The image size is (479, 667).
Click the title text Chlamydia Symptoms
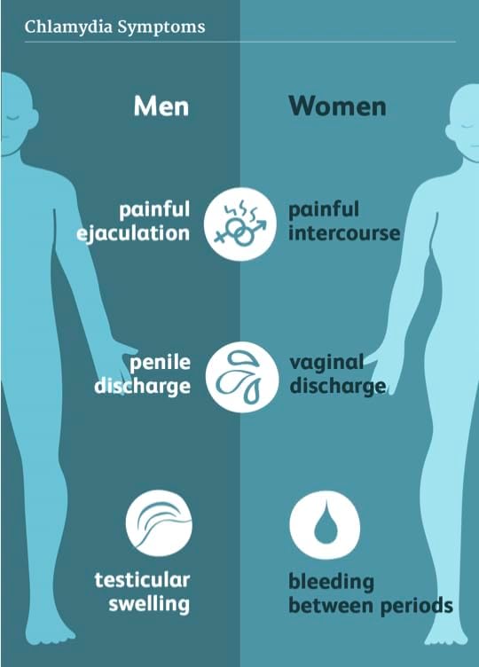(114, 27)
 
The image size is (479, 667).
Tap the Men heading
(161, 106)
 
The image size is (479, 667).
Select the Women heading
(337, 106)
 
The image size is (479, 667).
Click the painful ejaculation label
(133, 222)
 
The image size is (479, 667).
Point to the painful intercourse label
(344, 222)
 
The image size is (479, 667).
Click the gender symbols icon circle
(239, 224)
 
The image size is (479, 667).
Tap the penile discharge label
(143, 374)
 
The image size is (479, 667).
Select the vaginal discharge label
(338, 374)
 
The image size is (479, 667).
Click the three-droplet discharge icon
(241, 377)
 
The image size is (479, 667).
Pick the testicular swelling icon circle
(159, 523)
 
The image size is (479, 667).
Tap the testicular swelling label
(143, 592)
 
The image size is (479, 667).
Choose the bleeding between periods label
(371, 594)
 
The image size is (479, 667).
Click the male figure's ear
(34, 118)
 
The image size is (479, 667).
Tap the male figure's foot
(51, 634)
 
